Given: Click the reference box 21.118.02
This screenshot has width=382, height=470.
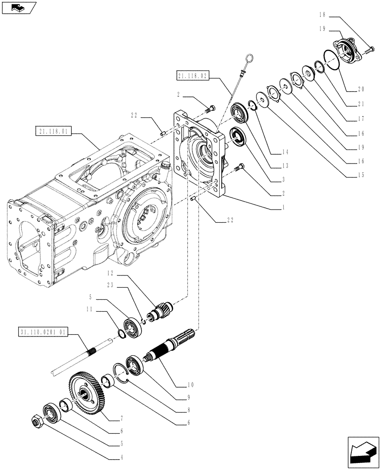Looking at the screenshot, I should point(193,75).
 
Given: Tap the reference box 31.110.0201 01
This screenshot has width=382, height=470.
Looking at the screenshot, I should point(44,332).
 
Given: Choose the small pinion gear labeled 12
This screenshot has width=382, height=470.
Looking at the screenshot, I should point(160,311).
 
